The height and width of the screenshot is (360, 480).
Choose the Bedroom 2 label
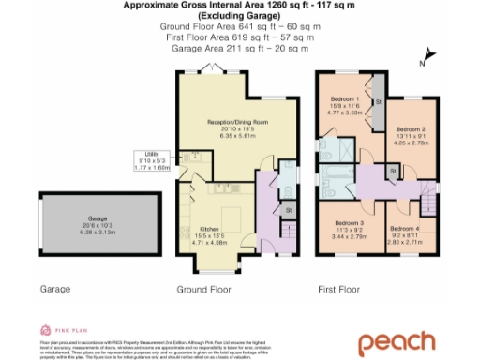tap(411, 128)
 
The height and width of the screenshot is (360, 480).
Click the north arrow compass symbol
tap(423, 63)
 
